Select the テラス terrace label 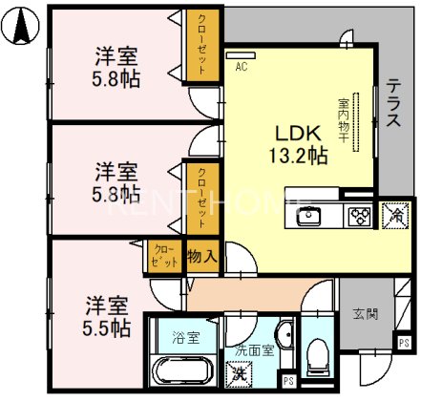393,103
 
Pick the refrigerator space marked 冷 392,214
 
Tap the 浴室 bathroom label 184,336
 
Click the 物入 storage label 200,256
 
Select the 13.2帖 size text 304,155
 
